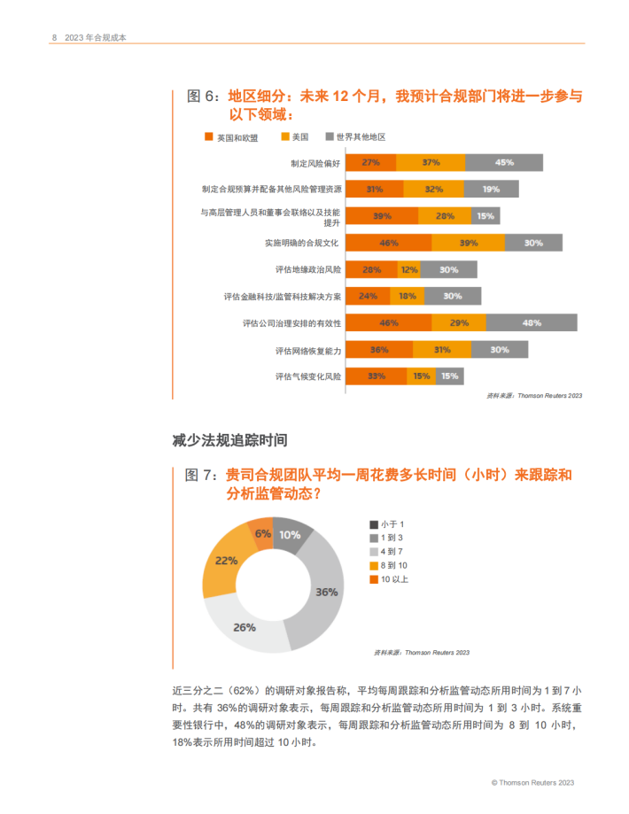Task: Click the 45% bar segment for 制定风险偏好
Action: click(503, 162)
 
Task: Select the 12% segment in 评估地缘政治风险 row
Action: click(409, 269)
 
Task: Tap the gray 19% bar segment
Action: click(491, 189)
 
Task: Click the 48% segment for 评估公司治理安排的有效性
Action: click(532, 322)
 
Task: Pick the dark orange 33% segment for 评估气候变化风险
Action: click(376, 376)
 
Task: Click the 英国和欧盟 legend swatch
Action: click(209, 137)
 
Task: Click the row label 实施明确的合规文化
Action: click(302, 243)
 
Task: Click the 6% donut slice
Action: click(262, 534)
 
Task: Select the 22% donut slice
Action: click(225, 561)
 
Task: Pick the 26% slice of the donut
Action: click(245, 627)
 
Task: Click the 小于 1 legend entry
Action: click(392, 525)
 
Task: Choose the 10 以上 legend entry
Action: click(394, 579)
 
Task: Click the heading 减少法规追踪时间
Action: click(229, 439)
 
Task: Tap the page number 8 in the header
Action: click(54, 37)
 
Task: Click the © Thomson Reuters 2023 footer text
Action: click(533, 783)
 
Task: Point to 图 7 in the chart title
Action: click(201, 476)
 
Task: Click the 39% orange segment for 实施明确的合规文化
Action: click(468, 243)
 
